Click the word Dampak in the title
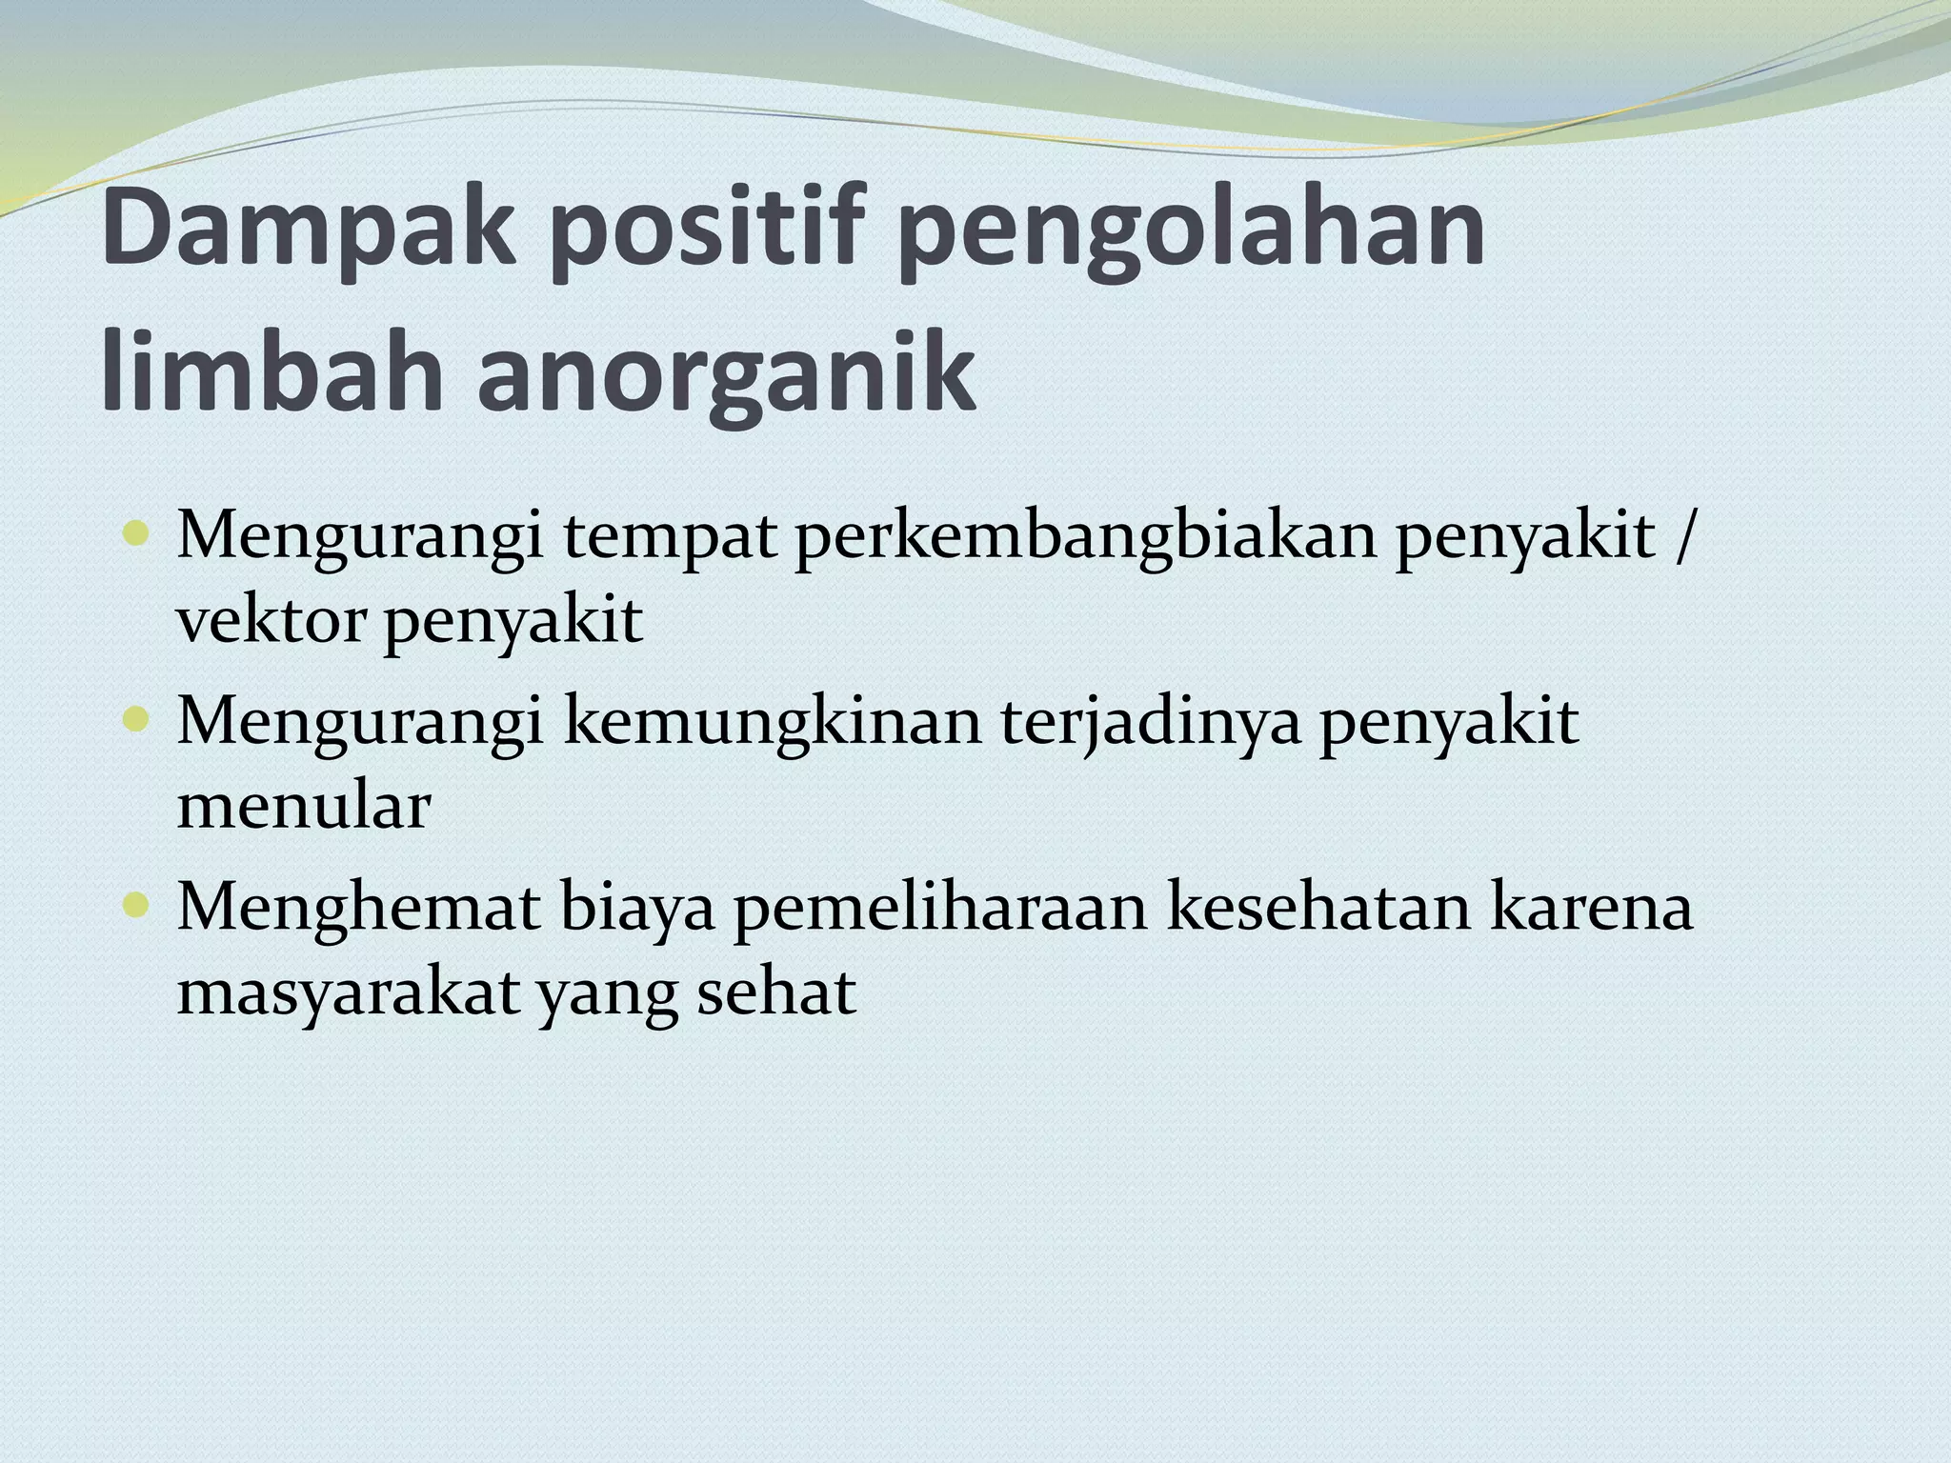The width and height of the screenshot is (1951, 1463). tap(309, 230)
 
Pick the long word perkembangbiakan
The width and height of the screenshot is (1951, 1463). tap(1085, 536)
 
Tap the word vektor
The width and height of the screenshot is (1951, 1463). tap(271, 621)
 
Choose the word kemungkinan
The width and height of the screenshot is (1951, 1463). tap(772, 722)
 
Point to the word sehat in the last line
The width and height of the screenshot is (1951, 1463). tap(777, 992)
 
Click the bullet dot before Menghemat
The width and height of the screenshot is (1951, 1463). tap(136, 905)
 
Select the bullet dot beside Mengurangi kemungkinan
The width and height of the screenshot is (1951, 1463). tap(136, 719)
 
